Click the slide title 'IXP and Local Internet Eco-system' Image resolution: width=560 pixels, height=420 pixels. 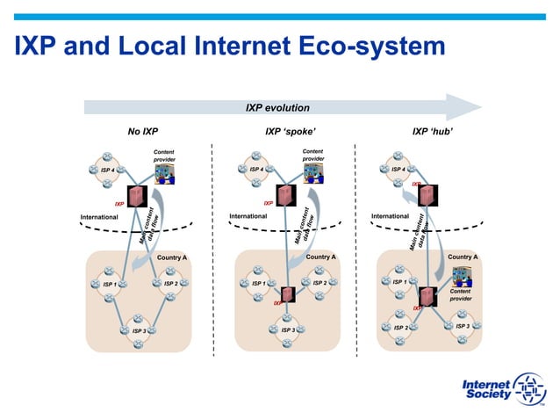[230, 46]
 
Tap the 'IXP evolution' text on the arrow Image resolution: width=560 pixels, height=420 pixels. [276, 108]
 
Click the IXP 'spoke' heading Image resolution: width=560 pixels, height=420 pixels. [290, 132]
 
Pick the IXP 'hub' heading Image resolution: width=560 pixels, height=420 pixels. [432, 132]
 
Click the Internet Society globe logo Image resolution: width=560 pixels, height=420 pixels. [529, 389]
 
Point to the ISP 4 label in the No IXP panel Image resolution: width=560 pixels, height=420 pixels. [106, 170]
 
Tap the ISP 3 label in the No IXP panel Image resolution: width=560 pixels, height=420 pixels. [138, 331]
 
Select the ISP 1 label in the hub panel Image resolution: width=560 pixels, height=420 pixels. [398, 283]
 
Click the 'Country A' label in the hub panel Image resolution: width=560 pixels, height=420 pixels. [463, 257]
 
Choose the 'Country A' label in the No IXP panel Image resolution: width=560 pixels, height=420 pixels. [171, 257]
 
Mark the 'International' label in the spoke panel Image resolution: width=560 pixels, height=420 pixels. [248, 216]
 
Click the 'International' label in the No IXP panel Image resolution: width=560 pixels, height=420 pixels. [99, 216]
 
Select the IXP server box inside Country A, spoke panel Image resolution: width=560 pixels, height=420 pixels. [287, 295]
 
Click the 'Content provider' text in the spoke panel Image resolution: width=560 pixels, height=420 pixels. [312, 155]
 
